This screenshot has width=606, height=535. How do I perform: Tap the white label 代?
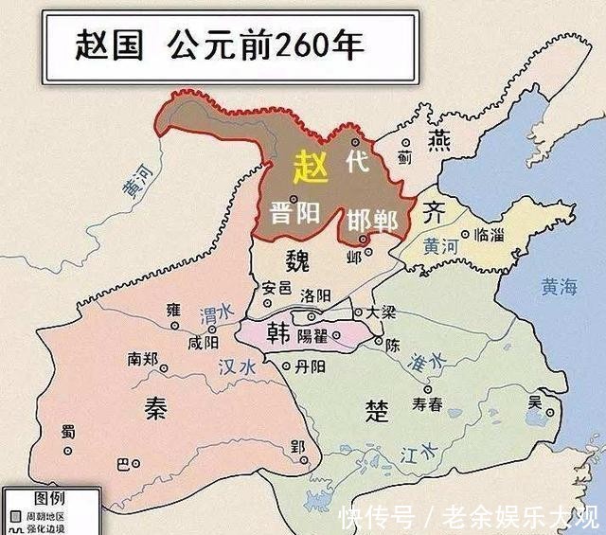point(357,162)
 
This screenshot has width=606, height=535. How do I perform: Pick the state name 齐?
point(433,209)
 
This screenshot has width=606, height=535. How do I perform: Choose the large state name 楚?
point(377,409)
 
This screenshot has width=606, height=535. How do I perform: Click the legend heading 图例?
point(49,498)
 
